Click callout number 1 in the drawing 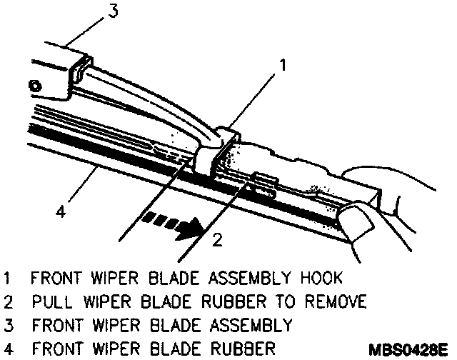pyautogui.click(x=283, y=66)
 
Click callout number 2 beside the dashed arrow pyautogui.click(x=219, y=239)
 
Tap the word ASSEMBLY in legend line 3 pyautogui.click(x=250, y=325)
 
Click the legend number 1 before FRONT pyautogui.click(x=7, y=277)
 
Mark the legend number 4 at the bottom pyautogui.click(x=7, y=349)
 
